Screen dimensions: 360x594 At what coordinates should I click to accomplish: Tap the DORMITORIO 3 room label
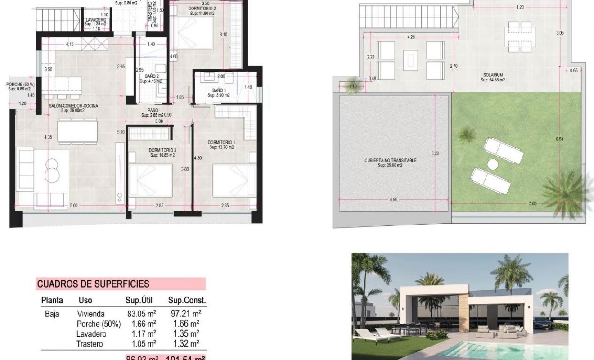click(162, 150)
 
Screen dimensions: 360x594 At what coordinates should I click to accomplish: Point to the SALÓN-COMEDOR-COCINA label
click(73, 107)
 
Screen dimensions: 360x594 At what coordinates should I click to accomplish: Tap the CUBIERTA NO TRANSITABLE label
click(391, 160)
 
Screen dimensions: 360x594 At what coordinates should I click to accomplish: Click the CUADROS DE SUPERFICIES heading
click(93, 284)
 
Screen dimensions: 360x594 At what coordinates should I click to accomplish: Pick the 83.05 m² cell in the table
click(142, 314)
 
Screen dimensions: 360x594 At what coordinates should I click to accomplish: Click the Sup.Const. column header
click(187, 300)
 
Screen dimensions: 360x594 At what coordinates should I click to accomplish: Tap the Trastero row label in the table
click(90, 344)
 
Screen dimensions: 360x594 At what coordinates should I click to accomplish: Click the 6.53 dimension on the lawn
click(559, 139)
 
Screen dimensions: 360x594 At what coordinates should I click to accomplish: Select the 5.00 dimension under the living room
click(73, 206)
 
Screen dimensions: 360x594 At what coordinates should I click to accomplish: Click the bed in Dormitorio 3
click(150, 180)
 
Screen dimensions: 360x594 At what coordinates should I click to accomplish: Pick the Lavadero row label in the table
click(92, 334)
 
